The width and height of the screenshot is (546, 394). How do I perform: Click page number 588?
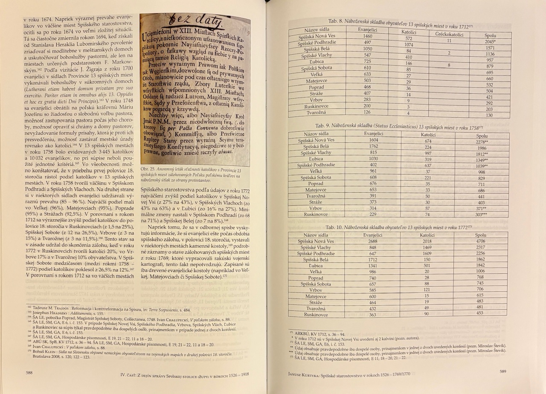pyautogui.click(x=29, y=372)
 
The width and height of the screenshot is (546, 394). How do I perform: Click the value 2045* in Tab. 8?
pyautogui.click(x=489, y=42)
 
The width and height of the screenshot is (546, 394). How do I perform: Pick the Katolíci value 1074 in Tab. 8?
pyautogui.click(x=409, y=44)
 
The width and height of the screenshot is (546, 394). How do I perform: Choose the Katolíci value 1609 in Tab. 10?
pyautogui.click(x=427, y=253)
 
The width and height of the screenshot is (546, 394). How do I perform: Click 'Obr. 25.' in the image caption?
pyautogui.click(x=148, y=169)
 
